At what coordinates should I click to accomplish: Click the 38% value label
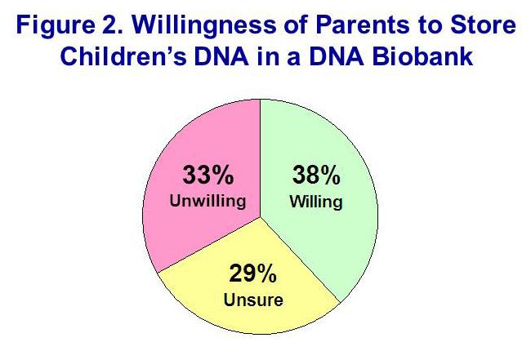pos(315,176)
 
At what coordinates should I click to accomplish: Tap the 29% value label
pos(253,278)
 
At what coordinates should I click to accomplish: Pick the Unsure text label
pos(253,300)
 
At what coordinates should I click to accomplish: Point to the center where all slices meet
pos(260,216)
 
